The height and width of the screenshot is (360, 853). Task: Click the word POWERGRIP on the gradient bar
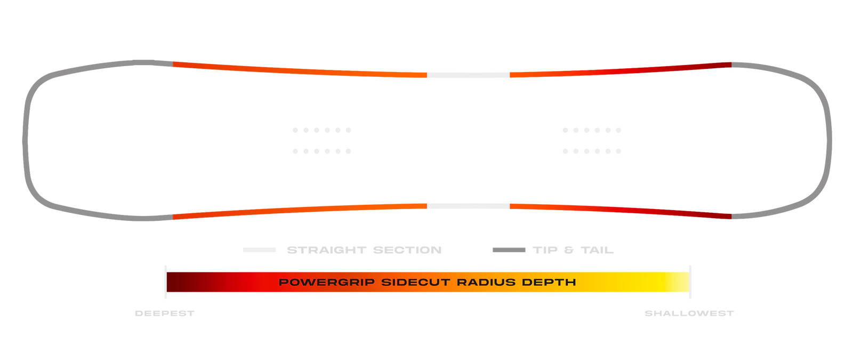click(327, 282)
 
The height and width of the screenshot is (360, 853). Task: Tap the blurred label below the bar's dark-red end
click(164, 314)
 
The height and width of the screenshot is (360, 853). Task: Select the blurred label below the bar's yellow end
click(690, 314)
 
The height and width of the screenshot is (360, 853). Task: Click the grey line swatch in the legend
click(509, 249)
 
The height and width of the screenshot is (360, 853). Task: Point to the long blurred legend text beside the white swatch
click(364, 249)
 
